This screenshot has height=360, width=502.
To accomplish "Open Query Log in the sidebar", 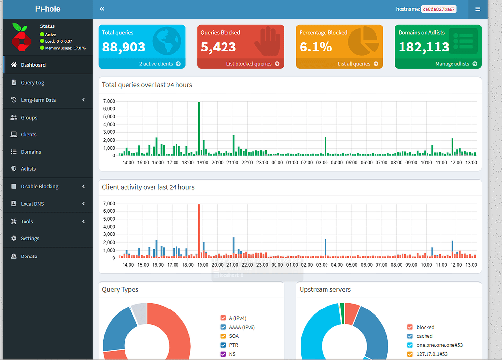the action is (x=32, y=82).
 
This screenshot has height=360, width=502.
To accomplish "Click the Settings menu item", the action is (x=30, y=238).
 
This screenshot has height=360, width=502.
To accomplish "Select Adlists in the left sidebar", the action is (x=28, y=168).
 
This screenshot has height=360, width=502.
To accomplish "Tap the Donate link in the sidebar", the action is (x=29, y=256).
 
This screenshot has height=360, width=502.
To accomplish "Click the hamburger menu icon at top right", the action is (x=477, y=9).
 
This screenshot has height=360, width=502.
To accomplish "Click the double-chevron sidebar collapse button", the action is (x=102, y=9).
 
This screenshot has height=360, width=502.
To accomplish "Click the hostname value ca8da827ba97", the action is (x=439, y=9).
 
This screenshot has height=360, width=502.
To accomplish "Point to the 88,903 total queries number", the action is (x=124, y=47).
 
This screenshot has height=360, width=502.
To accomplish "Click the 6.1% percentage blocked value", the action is (x=316, y=47).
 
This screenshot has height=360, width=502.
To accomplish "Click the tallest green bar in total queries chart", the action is (x=199, y=129).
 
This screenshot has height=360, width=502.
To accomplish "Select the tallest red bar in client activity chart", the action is (x=199, y=231).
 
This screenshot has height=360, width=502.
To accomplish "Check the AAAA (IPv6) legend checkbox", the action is (x=223, y=327).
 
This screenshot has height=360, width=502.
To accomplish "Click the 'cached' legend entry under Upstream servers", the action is (x=424, y=336).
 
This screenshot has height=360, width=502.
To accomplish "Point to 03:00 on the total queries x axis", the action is (x=322, y=163).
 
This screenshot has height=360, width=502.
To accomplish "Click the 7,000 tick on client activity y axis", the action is (x=109, y=204).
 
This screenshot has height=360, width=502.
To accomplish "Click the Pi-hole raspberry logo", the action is (x=21, y=37).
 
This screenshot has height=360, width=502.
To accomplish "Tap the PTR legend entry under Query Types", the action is (x=234, y=345).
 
